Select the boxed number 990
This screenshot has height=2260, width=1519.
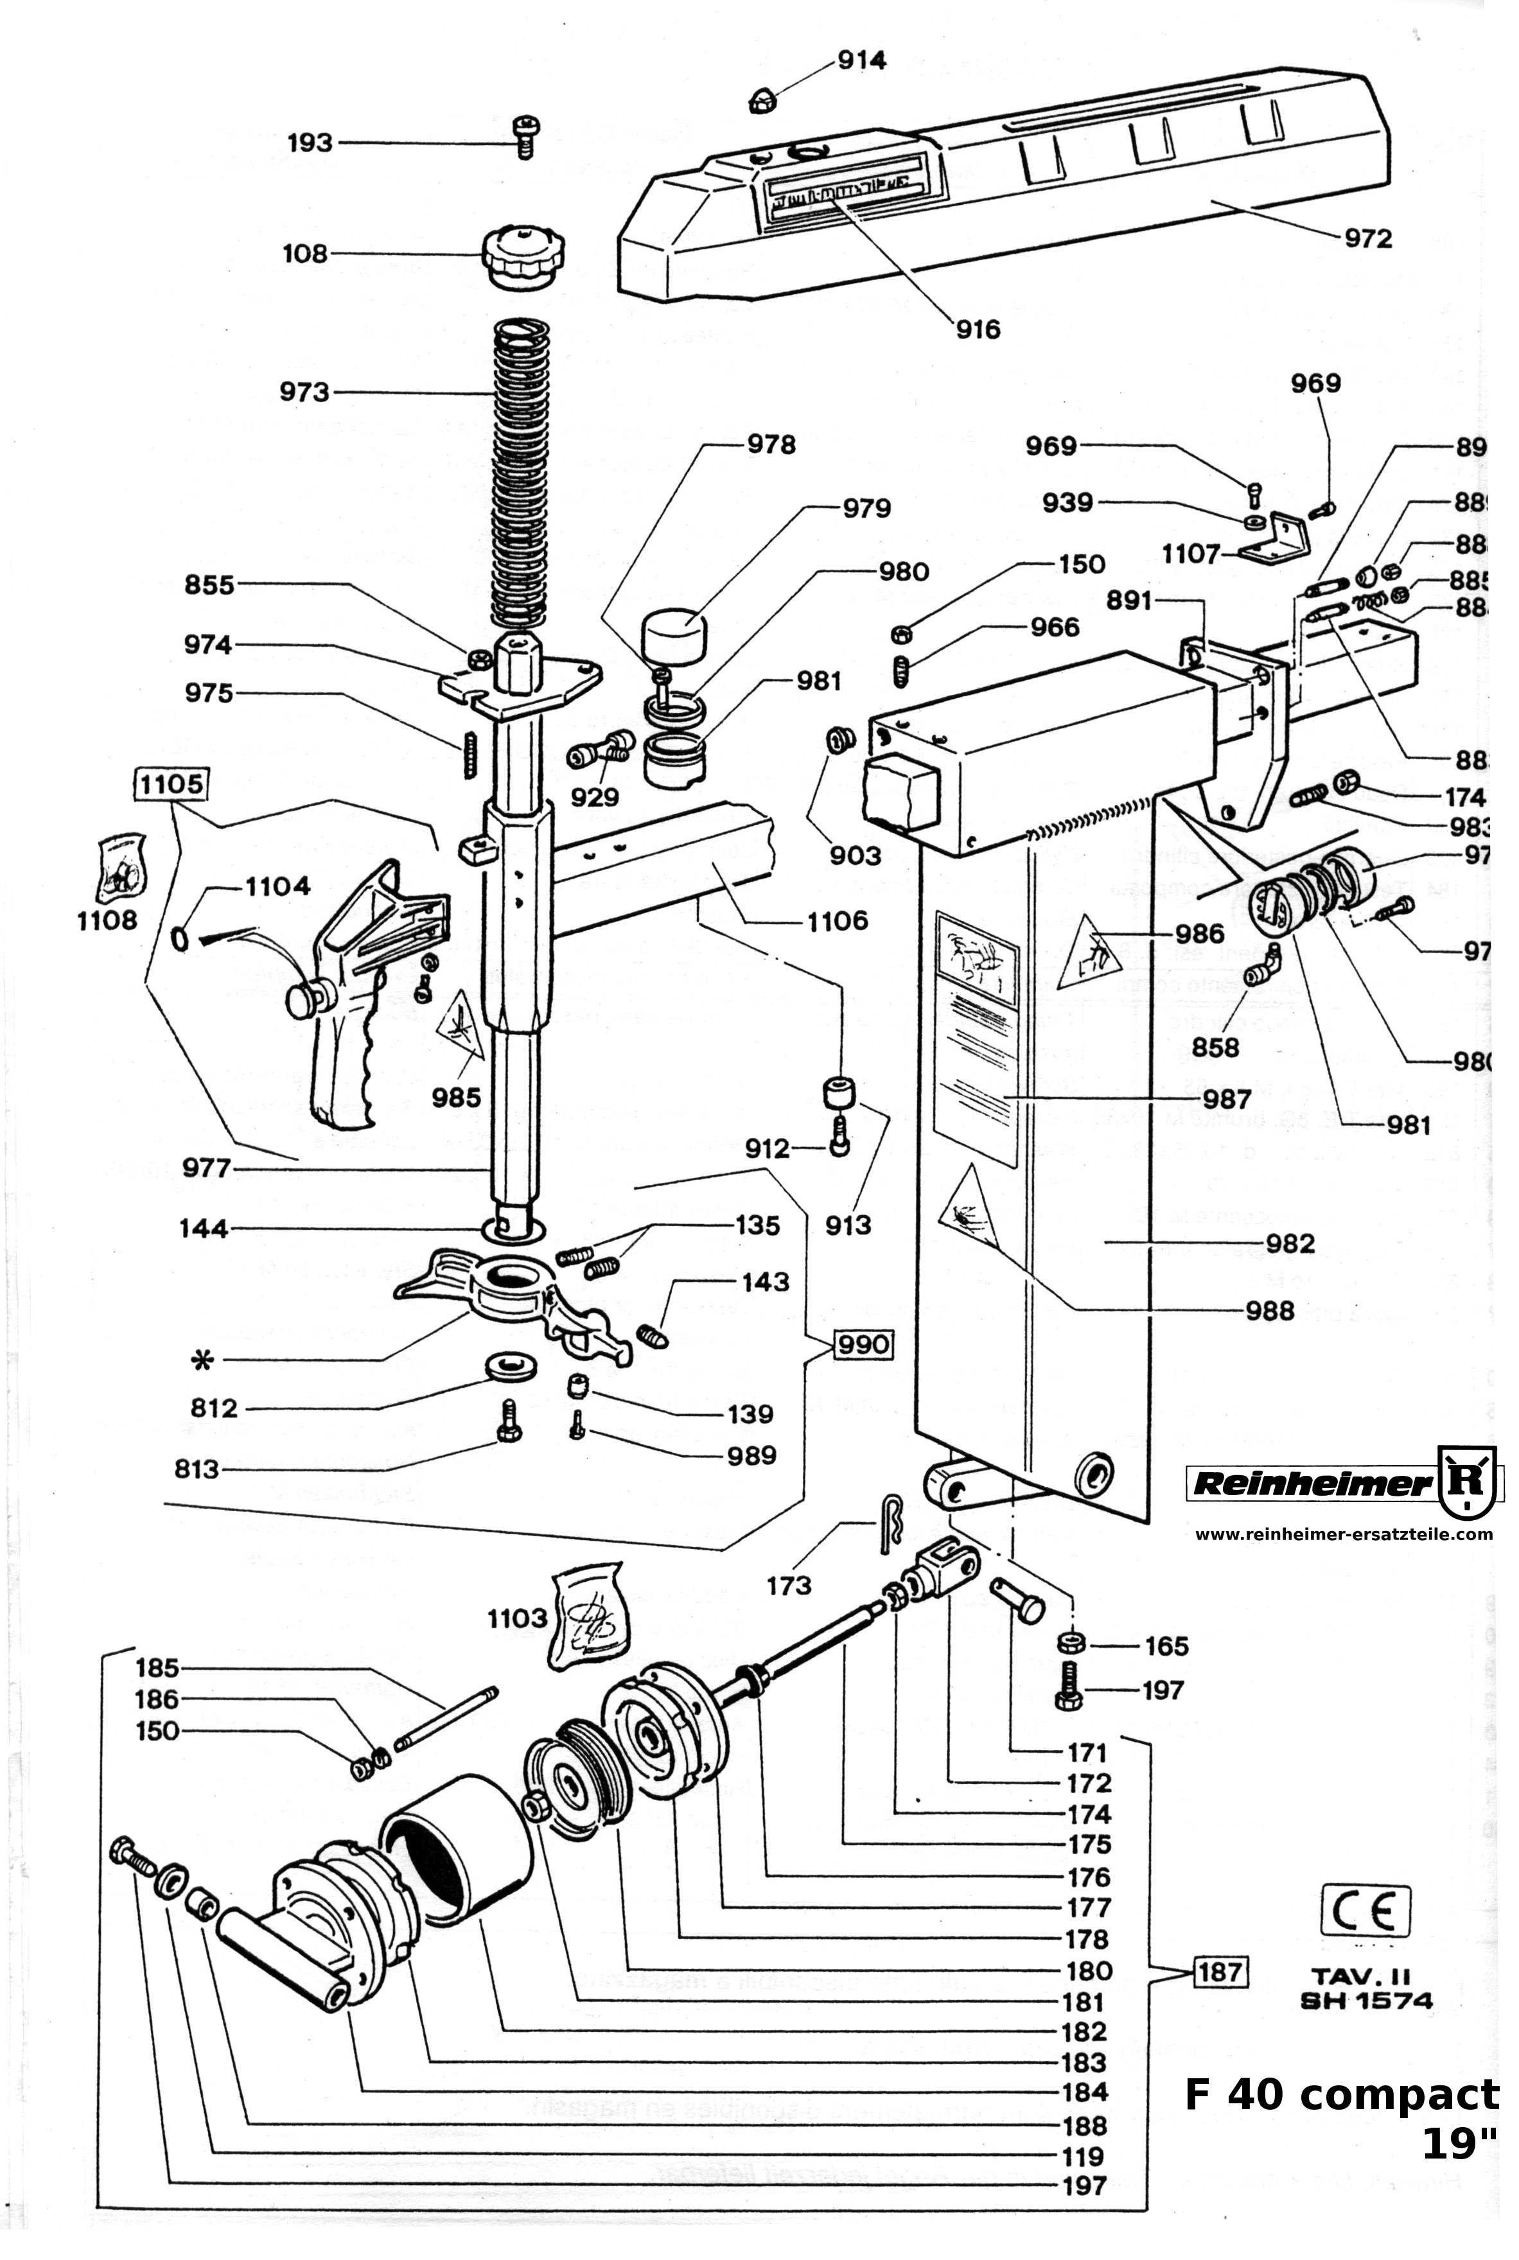[x=861, y=1345]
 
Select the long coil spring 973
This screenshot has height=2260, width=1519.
[x=521, y=475]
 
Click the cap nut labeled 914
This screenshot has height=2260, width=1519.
[x=762, y=98]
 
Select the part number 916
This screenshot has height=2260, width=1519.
[x=978, y=329]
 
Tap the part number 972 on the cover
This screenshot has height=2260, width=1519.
[x=1366, y=238]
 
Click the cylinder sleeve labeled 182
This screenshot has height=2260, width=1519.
[x=455, y=1845]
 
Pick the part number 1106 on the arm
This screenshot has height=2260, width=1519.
[x=837, y=920]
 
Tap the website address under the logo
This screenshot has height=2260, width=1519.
[x=1342, y=1534]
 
